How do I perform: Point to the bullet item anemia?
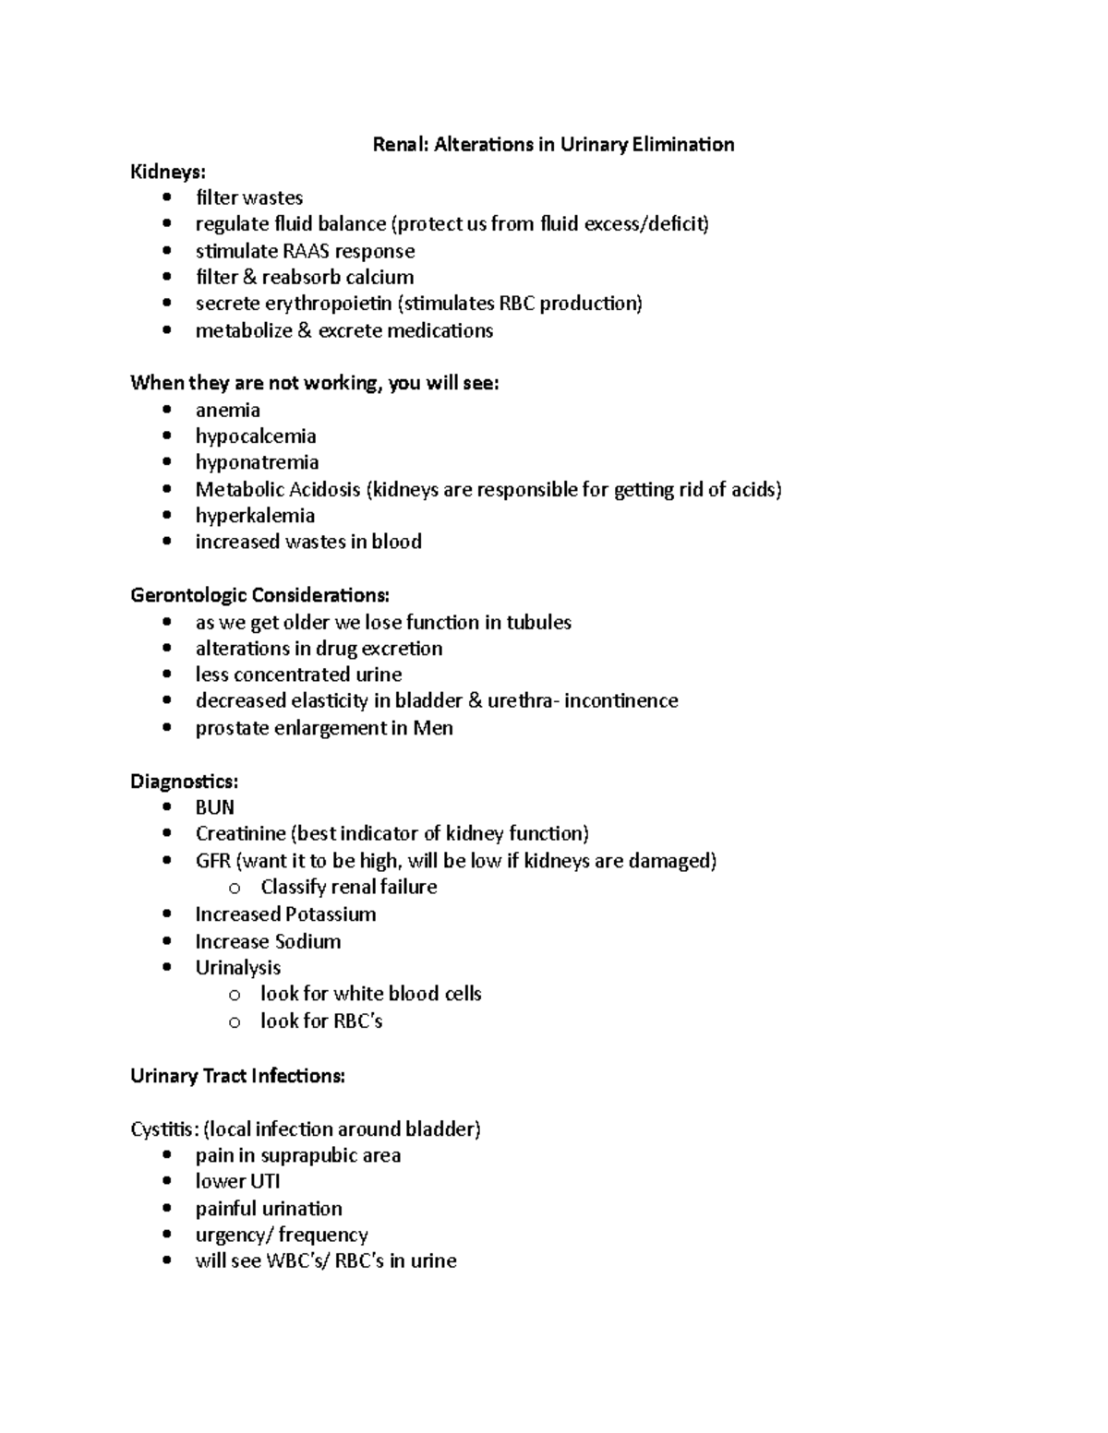pyautogui.click(x=227, y=410)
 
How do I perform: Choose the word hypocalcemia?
pyautogui.click(x=256, y=436)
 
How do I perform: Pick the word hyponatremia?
pyautogui.click(x=257, y=462)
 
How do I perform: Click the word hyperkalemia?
pyautogui.click(x=255, y=515)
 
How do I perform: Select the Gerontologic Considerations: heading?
pyautogui.click(x=259, y=595)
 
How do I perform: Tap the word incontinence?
pyautogui.click(x=621, y=700)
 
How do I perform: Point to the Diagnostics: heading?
pyautogui.click(x=184, y=782)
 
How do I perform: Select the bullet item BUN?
pyautogui.click(x=214, y=807)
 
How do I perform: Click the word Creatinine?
pyautogui.click(x=240, y=834)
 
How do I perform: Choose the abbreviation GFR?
pyautogui.click(x=212, y=861)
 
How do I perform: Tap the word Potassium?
pyautogui.click(x=330, y=914)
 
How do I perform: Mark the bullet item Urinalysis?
pyautogui.click(x=237, y=967)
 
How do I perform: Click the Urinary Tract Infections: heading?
pyautogui.click(x=237, y=1076)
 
